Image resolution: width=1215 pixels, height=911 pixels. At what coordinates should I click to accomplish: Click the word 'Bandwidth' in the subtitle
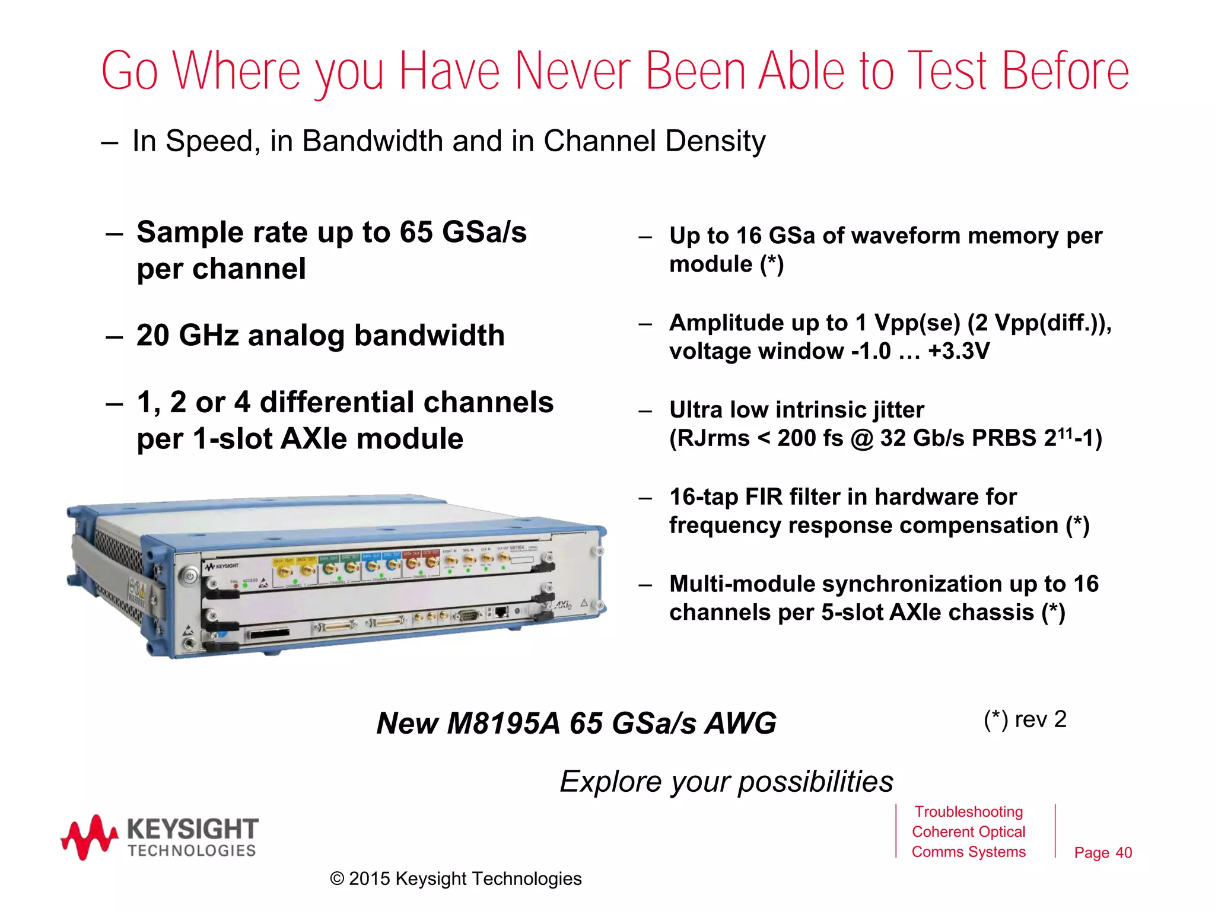[372, 141]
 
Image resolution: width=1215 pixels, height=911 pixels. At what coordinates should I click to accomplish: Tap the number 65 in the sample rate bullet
[416, 232]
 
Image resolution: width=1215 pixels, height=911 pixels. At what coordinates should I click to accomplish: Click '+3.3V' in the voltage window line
[959, 351]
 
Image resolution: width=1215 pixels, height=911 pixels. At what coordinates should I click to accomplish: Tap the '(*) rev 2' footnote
[1025, 719]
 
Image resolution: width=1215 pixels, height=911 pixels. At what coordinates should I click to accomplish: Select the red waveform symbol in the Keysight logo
[89, 837]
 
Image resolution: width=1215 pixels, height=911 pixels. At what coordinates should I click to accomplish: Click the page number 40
[1123, 853]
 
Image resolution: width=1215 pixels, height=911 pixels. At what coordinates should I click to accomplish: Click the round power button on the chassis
[189, 576]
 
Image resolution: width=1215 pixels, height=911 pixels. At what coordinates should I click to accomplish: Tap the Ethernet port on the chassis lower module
[501, 611]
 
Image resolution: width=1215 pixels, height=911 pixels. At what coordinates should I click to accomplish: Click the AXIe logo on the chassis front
[563, 605]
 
